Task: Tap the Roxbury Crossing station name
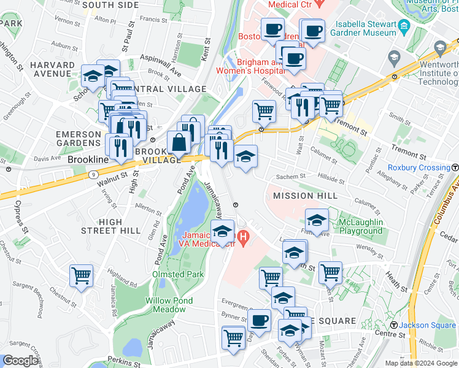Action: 418,168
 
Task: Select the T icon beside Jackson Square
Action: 395,325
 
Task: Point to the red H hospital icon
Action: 244,236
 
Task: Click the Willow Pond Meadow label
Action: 169,305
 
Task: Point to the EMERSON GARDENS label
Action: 78,139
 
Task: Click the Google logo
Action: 20,361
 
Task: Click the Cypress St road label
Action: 18,212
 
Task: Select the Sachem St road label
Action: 294,177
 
